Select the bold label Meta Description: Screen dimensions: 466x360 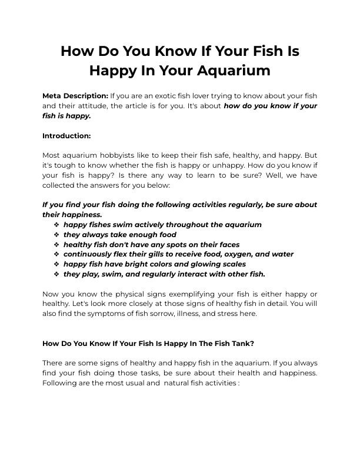coord(75,95)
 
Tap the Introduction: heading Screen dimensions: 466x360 coord(66,135)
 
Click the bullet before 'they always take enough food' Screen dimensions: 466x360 coord(56,235)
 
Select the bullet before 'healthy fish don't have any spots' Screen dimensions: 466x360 coord(56,244)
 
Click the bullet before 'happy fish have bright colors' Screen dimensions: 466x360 coord(56,264)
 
